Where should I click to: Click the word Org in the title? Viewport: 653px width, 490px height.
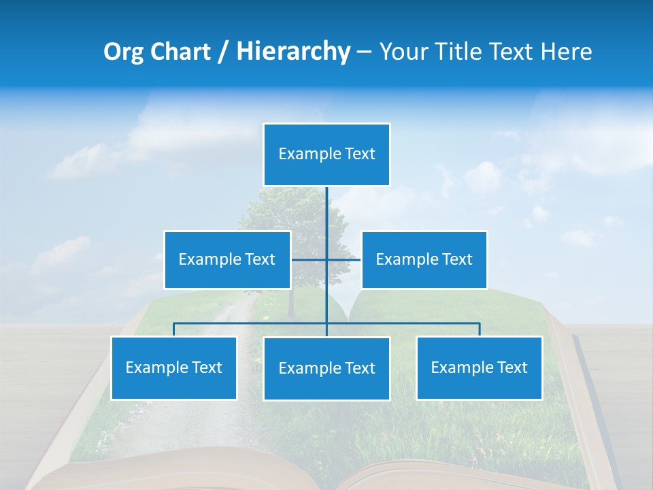coord(123,52)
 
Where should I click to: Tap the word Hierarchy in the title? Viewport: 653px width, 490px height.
coord(293,52)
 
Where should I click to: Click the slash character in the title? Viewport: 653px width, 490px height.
coord(222,52)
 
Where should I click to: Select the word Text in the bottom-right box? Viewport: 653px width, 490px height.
coord(511,367)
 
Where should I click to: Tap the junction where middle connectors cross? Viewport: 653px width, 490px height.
coord(326,259)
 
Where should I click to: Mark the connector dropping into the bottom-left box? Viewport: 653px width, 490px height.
coord(173,329)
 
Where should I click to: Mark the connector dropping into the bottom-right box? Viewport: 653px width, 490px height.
coord(480,329)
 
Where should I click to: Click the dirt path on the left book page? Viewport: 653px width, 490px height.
coord(218,327)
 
